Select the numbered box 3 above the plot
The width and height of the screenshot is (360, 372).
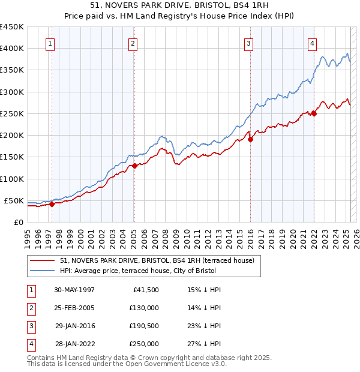[x=248, y=43]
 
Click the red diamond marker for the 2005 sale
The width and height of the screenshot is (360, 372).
[x=135, y=166]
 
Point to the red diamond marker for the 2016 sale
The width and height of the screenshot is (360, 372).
[x=251, y=139]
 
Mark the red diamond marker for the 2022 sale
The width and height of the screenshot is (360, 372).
[x=314, y=113]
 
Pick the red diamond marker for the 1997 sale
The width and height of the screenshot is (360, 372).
[x=52, y=204]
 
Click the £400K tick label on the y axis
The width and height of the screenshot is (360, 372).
[x=11, y=49]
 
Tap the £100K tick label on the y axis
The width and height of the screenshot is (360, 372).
[x=11, y=179]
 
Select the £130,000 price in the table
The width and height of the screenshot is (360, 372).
[x=145, y=308]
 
